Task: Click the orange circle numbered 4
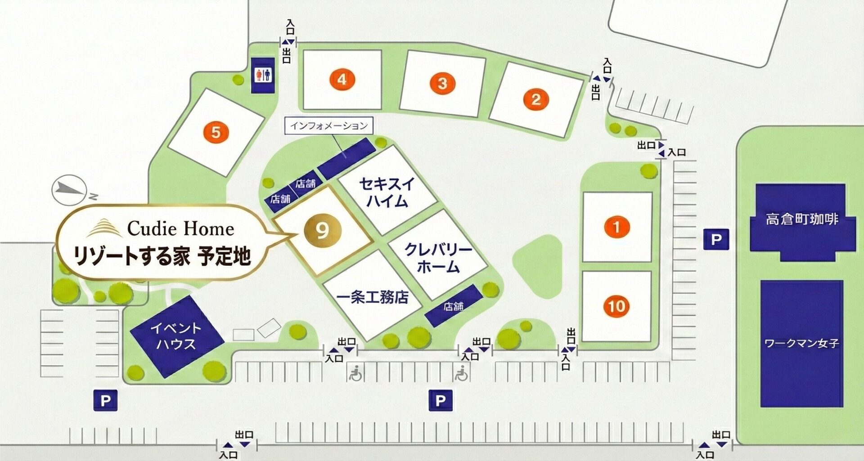click(x=342, y=80)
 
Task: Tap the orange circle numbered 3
click(x=442, y=83)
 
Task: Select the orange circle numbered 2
click(x=535, y=99)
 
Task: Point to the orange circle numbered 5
click(x=216, y=132)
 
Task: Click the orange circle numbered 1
click(x=616, y=227)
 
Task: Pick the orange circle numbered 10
click(x=616, y=306)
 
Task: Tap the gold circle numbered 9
click(x=322, y=231)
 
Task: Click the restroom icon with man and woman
click(x=263, y=75)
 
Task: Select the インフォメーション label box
click(x=328, y=125)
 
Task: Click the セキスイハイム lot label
click(x=387, y=192)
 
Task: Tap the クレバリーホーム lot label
click(x=438, y=258)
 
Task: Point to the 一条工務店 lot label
click(x=373, y=297)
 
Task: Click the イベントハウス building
click(x=176, y=336)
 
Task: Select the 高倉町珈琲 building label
click(x=802, y=219)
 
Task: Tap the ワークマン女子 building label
click(x=801, y=344)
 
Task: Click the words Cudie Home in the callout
click(x=180, y=228)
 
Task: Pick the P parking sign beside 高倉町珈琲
click(x=716, y=239)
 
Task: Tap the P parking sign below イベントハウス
click(x=105, y=400)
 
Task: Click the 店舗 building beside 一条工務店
click(x=454, y=306)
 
